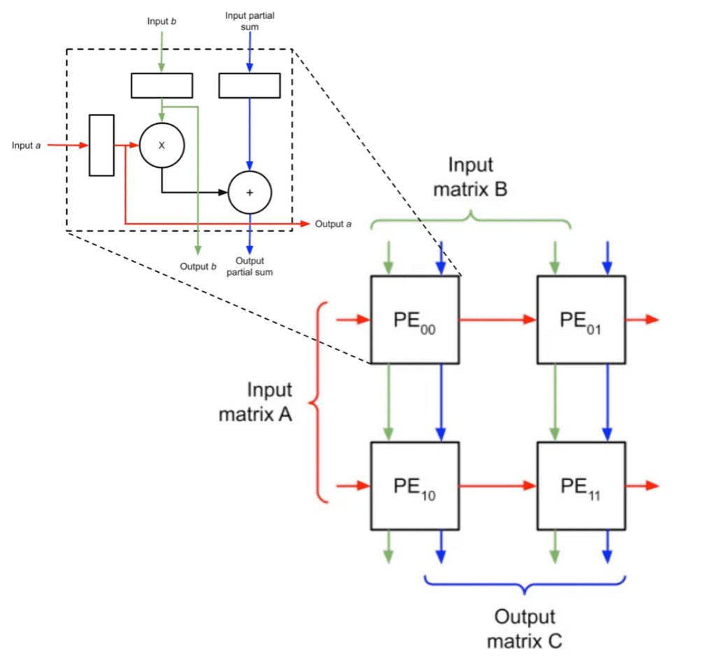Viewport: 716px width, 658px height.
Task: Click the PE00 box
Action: tap(415, 320)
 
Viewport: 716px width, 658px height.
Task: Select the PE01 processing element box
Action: tap(581, 320)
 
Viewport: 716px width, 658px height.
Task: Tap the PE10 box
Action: tap(415, 485)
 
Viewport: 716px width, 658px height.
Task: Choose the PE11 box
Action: tap(581, 485)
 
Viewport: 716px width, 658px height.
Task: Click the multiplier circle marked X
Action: tap(162, 145)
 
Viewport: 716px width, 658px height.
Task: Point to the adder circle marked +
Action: tap(250, 192)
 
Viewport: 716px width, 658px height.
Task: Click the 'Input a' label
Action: tap(26, 145)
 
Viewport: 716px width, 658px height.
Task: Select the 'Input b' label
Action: tap(162, 21)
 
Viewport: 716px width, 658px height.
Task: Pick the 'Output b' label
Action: tap(199, 266)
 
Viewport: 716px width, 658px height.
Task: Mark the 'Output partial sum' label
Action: tap(250, 266)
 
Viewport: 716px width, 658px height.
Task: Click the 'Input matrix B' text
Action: tap(471, 177)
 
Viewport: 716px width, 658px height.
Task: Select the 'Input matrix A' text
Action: tap(255, 402)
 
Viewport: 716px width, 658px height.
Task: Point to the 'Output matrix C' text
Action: tap(524, 629)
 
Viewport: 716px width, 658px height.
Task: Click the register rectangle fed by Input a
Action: tap(101, 145)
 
